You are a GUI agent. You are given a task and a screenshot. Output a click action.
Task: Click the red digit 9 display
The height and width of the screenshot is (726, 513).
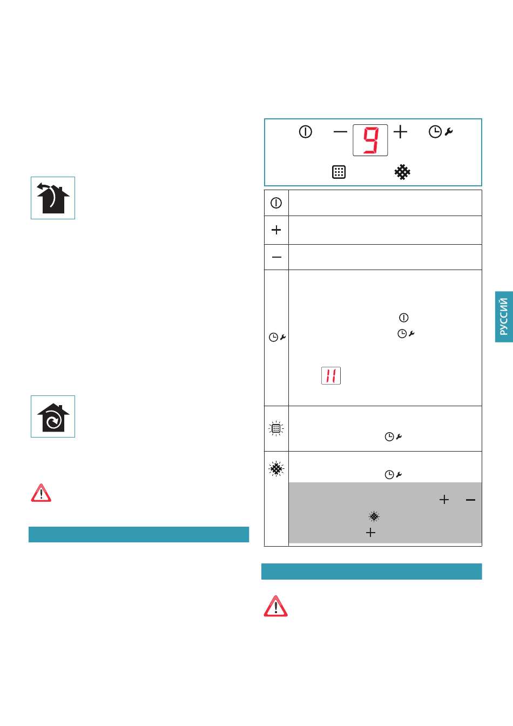[x=370, y=140]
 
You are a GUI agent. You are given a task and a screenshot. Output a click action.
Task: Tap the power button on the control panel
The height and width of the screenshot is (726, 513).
[x=305, y=132]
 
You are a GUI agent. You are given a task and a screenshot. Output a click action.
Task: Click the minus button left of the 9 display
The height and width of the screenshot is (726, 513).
[x=340, y=132]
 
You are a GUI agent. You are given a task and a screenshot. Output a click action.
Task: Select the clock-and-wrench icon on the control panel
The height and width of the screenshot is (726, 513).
[x=441, y=132]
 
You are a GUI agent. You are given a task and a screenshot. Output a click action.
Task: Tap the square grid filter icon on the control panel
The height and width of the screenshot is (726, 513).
[x=339, y=172]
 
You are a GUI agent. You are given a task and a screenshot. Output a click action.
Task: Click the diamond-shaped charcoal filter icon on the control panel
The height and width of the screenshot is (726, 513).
[x=402, y=172]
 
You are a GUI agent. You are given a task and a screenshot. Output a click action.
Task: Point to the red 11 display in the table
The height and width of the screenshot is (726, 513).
[x=331, y=375]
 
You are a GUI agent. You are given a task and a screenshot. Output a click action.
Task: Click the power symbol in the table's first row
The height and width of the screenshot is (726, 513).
[x=276, y=203]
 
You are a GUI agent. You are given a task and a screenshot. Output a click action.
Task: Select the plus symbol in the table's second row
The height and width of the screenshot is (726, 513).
[x=276, y=230]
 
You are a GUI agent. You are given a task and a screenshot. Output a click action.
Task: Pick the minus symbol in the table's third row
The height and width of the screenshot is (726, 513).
[x=276, y=257]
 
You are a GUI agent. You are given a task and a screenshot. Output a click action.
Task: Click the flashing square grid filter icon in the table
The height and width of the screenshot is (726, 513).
[x=276, y=428]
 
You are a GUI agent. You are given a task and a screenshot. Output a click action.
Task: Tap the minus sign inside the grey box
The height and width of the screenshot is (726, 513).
[x=470, y=500]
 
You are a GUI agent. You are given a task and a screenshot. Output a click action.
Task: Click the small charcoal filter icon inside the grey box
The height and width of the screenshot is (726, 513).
[x=374, y=516]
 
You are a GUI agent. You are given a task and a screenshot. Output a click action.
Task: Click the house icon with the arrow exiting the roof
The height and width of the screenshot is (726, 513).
[x=53, y=198]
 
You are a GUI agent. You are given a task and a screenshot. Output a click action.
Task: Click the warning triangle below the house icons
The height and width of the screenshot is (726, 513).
[x=41, y=493]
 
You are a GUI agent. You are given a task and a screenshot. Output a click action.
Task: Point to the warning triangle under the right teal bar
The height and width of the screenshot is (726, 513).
[x=276, y=606]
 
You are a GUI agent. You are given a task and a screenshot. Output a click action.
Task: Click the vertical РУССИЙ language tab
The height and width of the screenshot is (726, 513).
[x=504, y=317]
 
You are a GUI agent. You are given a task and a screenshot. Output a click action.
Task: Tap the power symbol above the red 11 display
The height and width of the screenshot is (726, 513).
[x=403, y=318]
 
